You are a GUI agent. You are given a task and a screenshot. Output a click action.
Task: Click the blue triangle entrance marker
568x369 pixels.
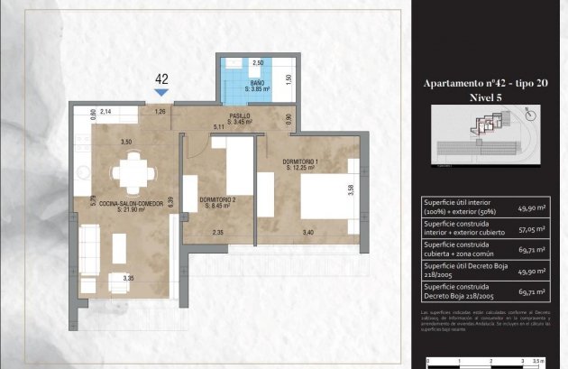point(161,92)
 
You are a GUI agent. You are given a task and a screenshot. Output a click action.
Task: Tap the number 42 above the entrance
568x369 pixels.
point(161,78)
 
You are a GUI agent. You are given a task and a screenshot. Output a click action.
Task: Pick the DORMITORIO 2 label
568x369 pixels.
point(218,201)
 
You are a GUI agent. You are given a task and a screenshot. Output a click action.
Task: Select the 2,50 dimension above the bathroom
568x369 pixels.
point(258,63)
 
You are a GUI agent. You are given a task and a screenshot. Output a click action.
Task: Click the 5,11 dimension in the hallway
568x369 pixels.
point(218,127)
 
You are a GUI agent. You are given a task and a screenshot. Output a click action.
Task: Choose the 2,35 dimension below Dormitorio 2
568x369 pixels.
point(217,234)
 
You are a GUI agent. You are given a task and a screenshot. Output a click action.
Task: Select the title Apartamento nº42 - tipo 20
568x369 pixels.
point(485,83)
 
